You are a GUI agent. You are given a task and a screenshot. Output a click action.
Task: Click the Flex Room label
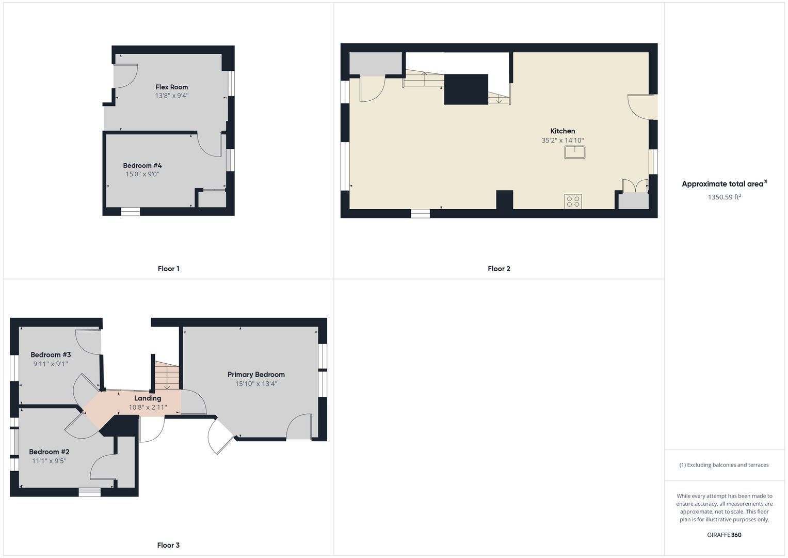click(172, 87)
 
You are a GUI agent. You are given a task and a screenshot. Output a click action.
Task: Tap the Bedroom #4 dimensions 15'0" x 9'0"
click(142, 174)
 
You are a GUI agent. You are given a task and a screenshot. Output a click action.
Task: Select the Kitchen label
click(562, 131)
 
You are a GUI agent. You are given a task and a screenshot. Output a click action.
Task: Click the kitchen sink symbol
click(575, 152)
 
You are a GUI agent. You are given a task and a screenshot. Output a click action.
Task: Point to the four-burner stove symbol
click(573, 202)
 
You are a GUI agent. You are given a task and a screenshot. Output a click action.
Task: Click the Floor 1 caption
click(169, 269)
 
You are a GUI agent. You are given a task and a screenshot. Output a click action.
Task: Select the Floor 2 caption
click(499, 269)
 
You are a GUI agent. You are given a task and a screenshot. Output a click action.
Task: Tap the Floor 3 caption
click(168, 545)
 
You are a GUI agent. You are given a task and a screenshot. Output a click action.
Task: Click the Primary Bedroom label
click(256, 375)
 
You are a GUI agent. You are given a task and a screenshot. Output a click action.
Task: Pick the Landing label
click(148, 398)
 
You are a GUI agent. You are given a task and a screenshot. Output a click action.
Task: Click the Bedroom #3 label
click(51, 355)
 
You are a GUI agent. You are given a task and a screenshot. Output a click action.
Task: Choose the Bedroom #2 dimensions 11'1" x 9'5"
click(49, 461)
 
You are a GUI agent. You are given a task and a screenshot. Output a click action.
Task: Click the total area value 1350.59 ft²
click(725, 196)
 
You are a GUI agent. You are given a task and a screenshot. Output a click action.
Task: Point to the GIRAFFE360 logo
click(724, 535)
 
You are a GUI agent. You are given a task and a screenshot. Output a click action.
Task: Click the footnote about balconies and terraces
click(724, 465)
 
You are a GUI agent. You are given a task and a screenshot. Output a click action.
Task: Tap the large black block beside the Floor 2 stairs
click(466, 89)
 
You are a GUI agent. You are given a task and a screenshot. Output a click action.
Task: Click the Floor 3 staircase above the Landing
click(167, 376)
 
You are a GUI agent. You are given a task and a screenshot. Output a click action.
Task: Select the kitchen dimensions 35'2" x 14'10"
click(562, 140)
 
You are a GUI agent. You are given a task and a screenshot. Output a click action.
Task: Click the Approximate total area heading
click(725, 183)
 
